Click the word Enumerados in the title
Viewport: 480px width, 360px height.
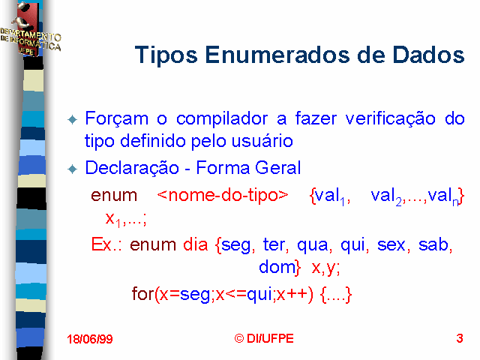click(277, 55)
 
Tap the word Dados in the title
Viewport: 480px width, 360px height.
click(428, 55)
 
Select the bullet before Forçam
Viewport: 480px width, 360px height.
click(73, 119)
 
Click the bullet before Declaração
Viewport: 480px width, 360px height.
click(73, 169)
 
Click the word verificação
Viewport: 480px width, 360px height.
click(390, 119)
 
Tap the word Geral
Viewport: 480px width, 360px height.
click(277, 168)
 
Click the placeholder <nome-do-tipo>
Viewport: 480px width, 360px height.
click(223, 195)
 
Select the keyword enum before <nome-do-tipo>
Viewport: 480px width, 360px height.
click(114, 196)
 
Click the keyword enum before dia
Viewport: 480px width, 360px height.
click(153, 245)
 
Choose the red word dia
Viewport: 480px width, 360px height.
click(195, 244)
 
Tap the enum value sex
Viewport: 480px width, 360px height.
click(391, 245)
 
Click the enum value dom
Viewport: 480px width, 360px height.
click(277, 267)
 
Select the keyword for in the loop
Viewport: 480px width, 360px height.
click(143, 293)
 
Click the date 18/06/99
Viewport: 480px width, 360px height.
click(90, 339)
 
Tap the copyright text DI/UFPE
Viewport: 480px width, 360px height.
click(270, 338)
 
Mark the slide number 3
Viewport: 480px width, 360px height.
click(460, 338)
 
